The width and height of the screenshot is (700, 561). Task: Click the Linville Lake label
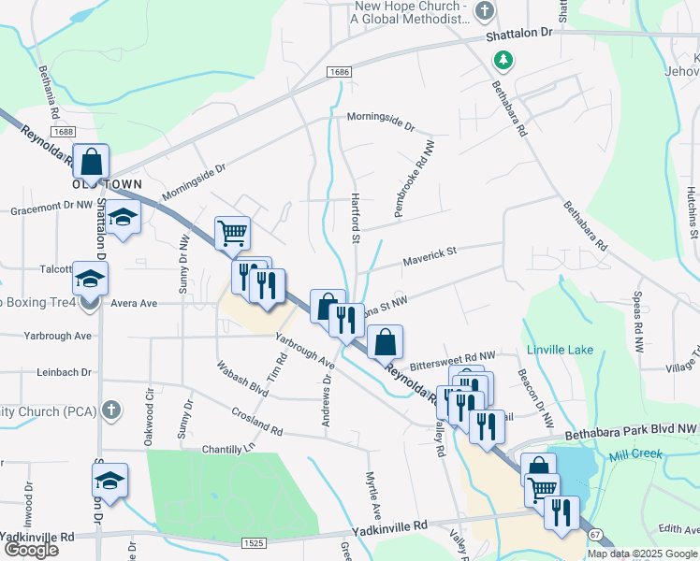tap(560, 350)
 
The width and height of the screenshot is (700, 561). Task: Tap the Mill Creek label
tap(635, 454)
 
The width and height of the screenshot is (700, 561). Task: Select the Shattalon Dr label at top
tap(520, 33)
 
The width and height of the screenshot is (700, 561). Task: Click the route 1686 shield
tap(339, 72)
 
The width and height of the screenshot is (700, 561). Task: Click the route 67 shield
tap(596, 535)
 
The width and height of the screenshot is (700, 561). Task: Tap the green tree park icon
tap(503, 60)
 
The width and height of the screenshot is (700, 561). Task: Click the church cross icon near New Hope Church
tap(484, 11)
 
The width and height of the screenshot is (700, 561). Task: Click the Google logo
tap(30, 550)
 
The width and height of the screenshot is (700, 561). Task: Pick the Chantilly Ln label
tap(228, 450)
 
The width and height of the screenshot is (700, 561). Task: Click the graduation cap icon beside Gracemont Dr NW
tap(122, 217)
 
